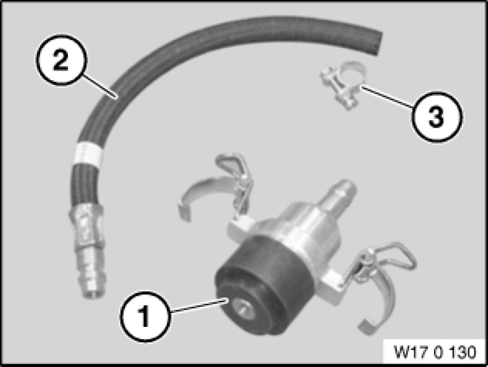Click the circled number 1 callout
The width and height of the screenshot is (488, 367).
[146, 317]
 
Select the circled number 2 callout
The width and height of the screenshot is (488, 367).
[61, 60]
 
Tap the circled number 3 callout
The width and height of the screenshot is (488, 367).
[437, 117]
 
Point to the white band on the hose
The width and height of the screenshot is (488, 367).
[88, 153]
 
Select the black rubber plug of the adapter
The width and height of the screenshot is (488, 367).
[262, 285]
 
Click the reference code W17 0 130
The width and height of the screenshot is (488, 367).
[435, 352]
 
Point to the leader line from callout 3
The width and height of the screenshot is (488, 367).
[388, 97]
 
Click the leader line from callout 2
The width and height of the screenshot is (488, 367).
[100, 86]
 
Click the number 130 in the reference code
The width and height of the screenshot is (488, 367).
[462, 352]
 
